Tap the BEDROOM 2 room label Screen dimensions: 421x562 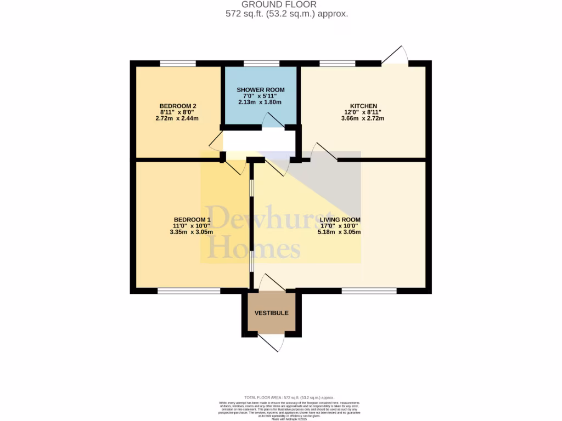click(178, 106)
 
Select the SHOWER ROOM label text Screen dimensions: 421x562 click(261, 89)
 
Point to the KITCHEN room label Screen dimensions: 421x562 click(364, 106)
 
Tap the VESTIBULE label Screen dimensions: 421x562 click(271, 313)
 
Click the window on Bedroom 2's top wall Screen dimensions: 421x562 click(178, 64)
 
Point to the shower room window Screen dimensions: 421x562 click(261, 64)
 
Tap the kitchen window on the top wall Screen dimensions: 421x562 click(337, 64)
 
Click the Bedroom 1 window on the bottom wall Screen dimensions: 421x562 click(189, 291)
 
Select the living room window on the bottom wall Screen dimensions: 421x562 click(369, 291)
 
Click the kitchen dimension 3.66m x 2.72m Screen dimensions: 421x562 click(363, 118)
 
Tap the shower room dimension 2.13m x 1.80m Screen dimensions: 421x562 click(261, 102)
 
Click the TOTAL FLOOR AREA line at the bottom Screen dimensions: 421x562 click(289, 397)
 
